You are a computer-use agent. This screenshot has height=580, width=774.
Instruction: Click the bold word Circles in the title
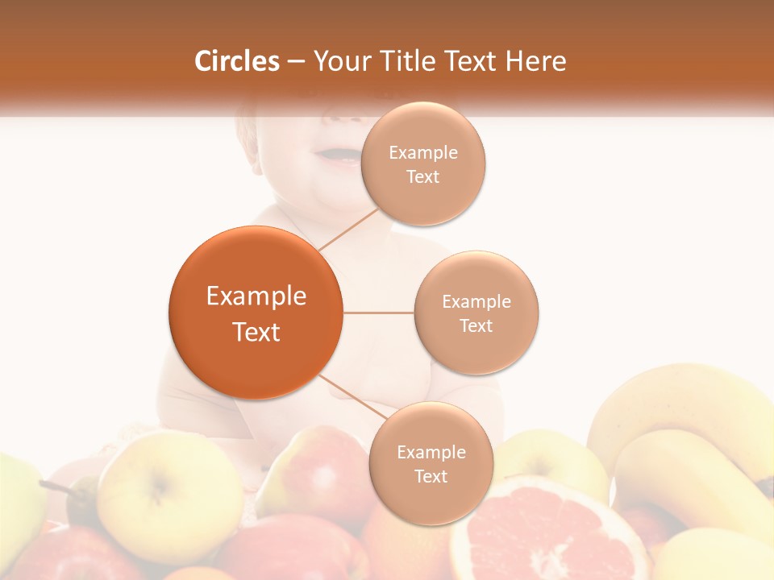click(237, 61)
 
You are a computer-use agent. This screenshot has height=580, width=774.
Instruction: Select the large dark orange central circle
click(256, 313)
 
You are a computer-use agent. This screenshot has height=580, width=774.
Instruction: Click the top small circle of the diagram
click(423, 164)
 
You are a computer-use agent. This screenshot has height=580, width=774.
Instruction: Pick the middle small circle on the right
click(476, 313)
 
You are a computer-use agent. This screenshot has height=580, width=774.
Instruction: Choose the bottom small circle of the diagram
click(431, 463)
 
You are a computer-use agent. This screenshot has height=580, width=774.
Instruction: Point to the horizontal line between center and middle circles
click(379, 313)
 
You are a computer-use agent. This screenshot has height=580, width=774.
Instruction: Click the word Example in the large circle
click(256, 296)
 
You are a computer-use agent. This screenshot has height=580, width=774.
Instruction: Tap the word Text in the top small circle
click(423, 177)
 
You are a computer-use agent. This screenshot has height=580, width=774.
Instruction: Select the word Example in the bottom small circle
click(431, 452)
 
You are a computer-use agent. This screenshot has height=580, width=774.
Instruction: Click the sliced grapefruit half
click(548, 532)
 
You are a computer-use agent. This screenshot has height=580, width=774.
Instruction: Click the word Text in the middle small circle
click(476, 325)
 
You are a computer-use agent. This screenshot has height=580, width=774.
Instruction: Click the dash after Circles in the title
click(296, 61)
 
